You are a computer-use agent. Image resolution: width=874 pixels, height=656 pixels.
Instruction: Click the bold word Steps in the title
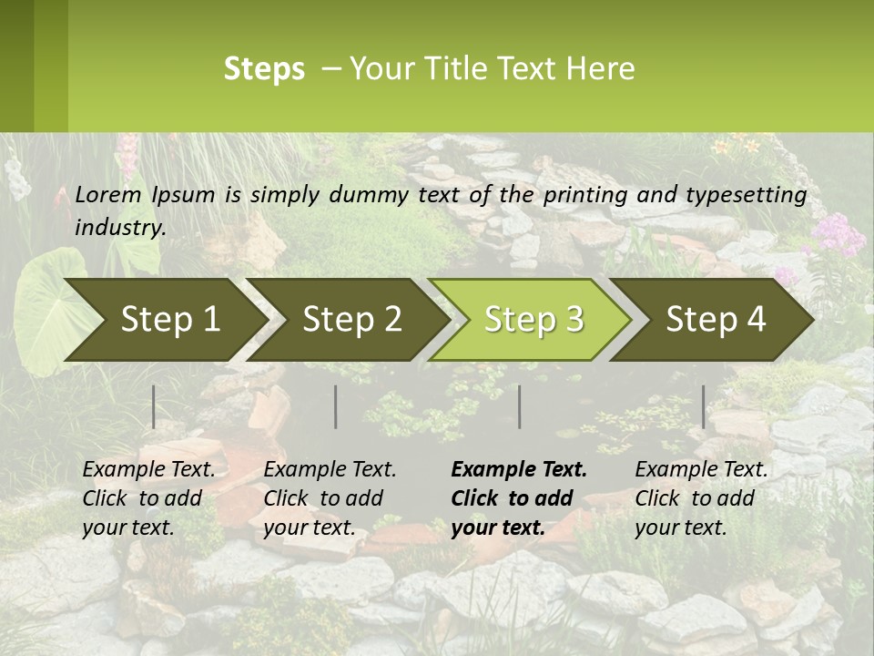(x=264, y=69)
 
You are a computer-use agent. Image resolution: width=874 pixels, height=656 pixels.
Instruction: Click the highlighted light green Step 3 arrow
(x=534, y=320)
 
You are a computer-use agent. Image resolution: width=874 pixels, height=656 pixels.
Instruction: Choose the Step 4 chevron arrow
(x=716, y=320)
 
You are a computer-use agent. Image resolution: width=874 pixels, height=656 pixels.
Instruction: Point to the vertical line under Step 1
(x=154, y=406)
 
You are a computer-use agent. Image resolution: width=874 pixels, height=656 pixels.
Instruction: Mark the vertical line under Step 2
(x=336, y=406)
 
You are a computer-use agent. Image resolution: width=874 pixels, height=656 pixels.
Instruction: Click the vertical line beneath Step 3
(x=520, y=406)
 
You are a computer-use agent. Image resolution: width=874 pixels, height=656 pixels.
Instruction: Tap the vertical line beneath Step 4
(x=704, y=406)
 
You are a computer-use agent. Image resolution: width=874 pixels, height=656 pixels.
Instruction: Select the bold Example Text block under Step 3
(x=519, y=498)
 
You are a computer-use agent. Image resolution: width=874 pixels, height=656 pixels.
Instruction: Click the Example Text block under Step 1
(x=148, y=498)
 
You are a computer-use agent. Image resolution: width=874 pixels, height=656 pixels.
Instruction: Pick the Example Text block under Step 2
(x=330, y=498)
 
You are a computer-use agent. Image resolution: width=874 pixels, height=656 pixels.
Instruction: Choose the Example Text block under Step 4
(x=701, y=498)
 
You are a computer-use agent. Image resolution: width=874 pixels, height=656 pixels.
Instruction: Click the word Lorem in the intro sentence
(x=108, y=195)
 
